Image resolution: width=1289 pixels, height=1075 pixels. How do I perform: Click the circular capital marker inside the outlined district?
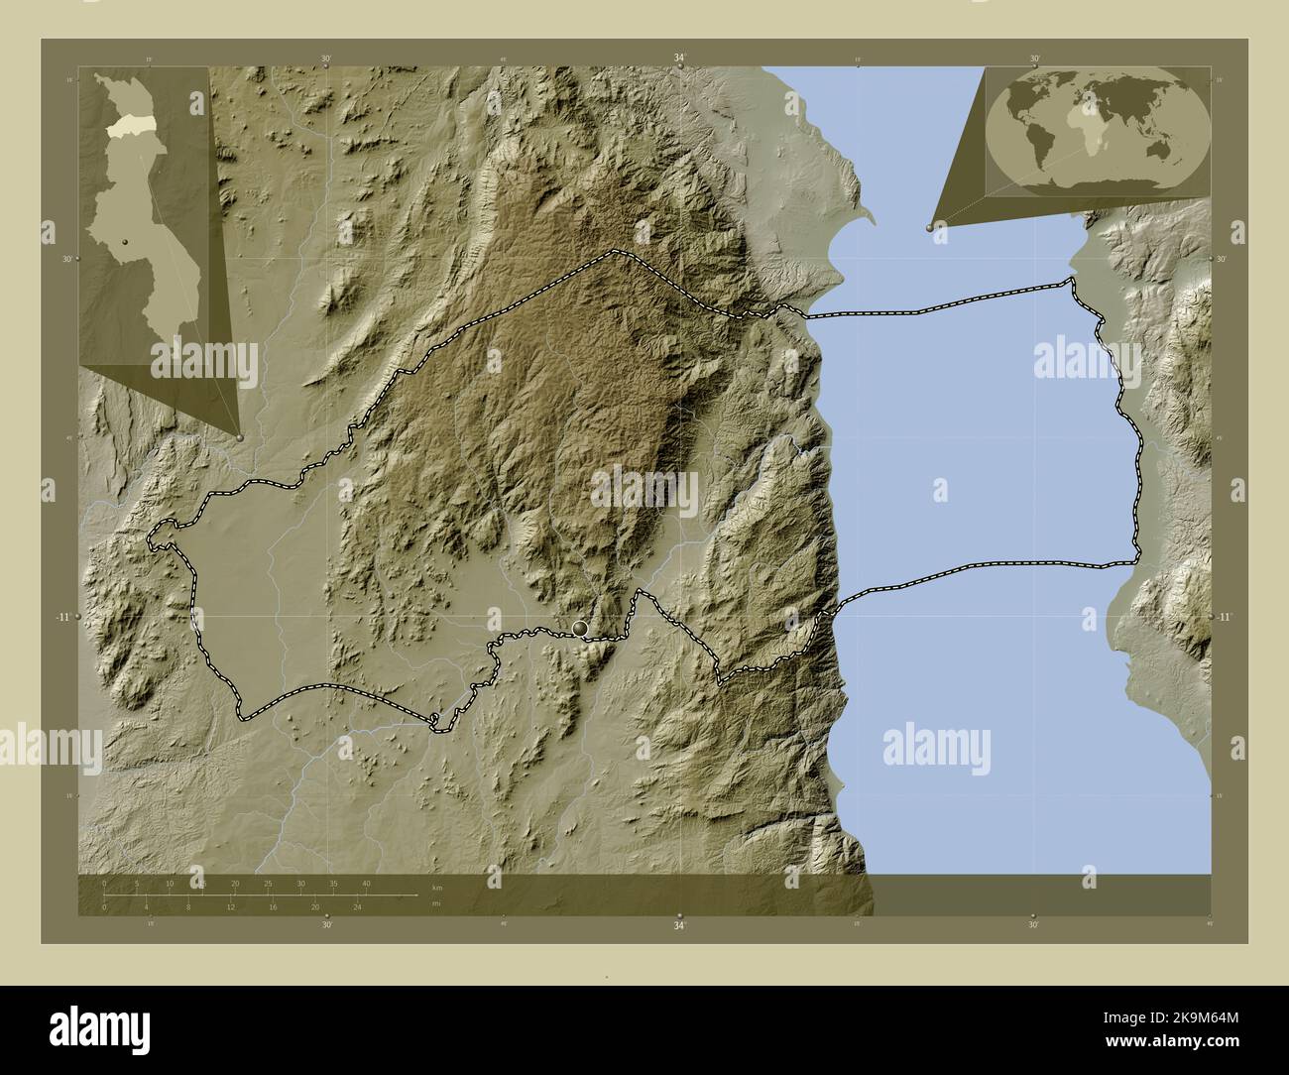[x=580, y=628]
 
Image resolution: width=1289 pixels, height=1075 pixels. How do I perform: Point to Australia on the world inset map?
[x=1157, y=150]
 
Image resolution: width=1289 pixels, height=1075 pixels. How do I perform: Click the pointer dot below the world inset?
[x=930, y=227]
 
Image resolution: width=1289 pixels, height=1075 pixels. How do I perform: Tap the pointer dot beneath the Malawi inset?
[x=240, y=436]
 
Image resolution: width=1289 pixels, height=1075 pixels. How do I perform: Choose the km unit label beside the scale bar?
[x=436, y=887]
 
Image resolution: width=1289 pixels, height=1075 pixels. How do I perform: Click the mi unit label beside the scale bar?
[x=435, y=904]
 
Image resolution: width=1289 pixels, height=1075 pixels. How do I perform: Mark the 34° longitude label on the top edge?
[x=679, y=59]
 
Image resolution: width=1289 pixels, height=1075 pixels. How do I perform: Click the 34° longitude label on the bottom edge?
[x=679, y=926]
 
